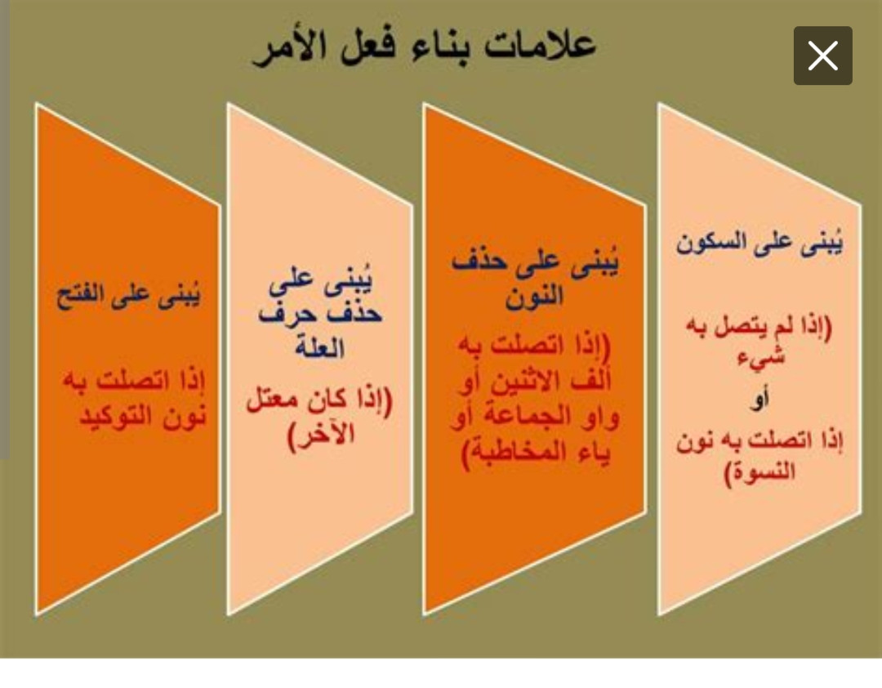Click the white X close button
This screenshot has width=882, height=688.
pos(823,56)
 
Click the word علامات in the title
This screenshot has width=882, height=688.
pos(540,44)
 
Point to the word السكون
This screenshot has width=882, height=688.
pos(710,243)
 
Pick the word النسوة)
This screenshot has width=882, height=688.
pos(759,471)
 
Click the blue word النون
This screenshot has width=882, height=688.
pos(534,296)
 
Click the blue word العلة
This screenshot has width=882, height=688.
pos(319,347)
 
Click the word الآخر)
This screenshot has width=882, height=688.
pos(321,436)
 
